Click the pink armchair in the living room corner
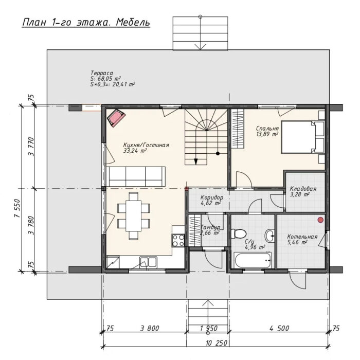point(116,118)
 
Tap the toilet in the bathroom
point(238,233)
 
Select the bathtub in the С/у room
point(253,260)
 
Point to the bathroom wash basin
point(270,236)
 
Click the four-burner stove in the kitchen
point(178,240)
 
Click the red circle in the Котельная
point(320,220)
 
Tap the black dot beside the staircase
point(218,153)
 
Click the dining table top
point(133,216)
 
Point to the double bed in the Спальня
point(302,137)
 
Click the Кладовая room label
point(303,189)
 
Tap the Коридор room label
point(212,197)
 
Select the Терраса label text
point(102,73)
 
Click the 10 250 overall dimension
point(217,343)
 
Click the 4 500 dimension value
point(279,328)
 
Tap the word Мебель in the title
point(133,23)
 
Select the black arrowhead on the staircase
point(196,161)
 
